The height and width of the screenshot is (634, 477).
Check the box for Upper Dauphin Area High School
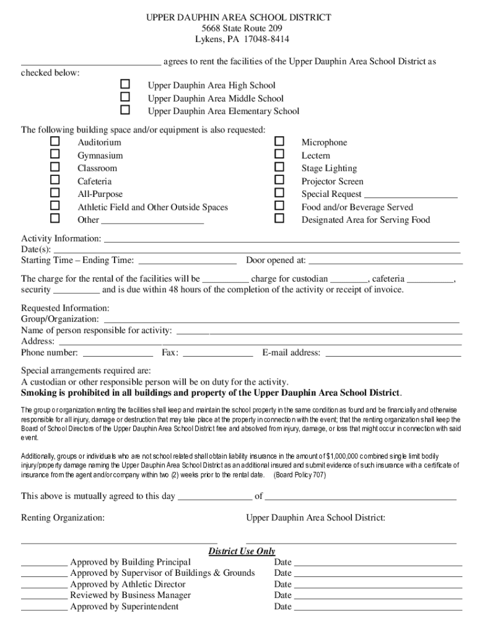(x=125, y=84)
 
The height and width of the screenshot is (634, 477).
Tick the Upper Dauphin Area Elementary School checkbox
(x=125, y=110)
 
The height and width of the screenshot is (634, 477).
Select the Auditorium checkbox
(x=55, y=142)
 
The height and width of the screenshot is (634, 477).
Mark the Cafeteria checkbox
(x=55, y=180)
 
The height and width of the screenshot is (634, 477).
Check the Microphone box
(x=279, y=142)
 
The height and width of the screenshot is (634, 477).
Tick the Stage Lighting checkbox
(x=279, y=167)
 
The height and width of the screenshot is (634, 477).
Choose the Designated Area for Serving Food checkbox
(x=279, y=219)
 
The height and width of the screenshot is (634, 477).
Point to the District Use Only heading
(x=242, y=552)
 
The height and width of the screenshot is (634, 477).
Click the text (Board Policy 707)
(x=299, y=475)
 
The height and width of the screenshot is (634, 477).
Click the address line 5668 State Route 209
(x=239, y=29)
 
